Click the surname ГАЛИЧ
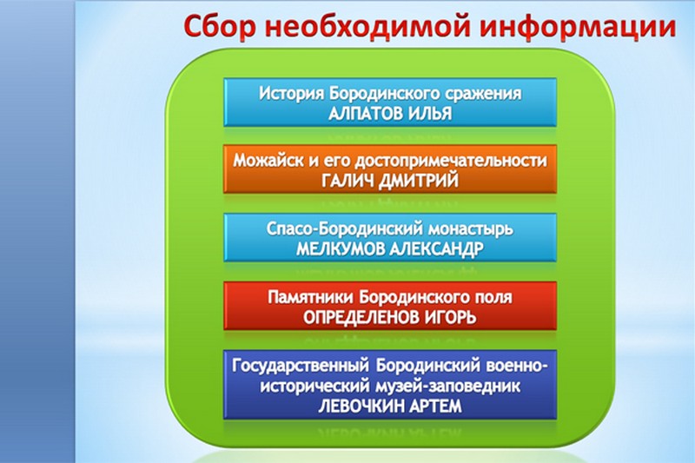tap(344, 181)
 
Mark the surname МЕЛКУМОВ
tap(341, 249)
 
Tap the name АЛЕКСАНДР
tap(437, 249)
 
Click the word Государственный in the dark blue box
tap(301, 367)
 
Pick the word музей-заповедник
tap(447, 387)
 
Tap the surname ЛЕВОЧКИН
tap(360, 407)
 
